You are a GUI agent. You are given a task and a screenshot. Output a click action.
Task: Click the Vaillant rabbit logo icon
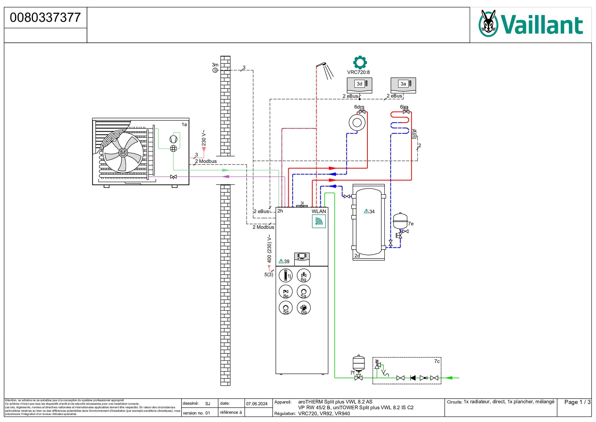tap(488, 23)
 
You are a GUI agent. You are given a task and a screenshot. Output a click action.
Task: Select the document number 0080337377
tap(45, 18)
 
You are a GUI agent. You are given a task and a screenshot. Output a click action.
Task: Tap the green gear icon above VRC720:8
tap(360, 62)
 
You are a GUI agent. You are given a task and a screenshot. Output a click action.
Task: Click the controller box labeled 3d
tap(360, 85)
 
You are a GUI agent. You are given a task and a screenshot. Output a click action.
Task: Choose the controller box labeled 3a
tap(403, 85)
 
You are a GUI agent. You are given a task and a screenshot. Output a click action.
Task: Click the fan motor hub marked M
tap(123, 153)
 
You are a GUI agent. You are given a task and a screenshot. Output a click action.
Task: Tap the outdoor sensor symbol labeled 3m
tap(215, 70)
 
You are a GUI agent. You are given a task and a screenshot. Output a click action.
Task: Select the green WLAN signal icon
tap(319, 221)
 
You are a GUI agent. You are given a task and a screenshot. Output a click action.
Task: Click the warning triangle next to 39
tap(281, 261)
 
